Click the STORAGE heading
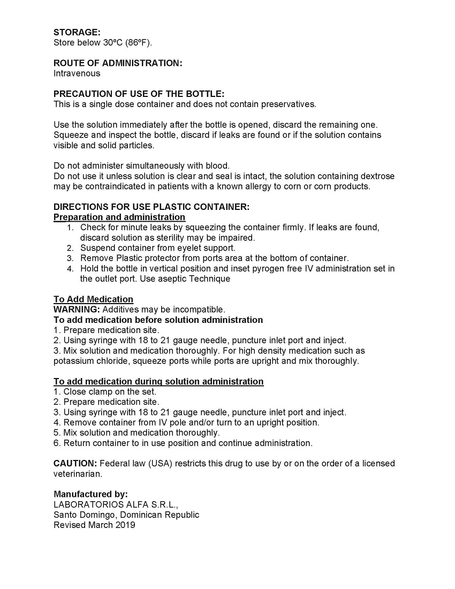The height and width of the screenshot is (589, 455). [77, 32]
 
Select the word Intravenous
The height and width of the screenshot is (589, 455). [77, 73]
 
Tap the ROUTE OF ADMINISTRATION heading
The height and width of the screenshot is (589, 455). [118, 63]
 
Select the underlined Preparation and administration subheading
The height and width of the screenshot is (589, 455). [119, 217]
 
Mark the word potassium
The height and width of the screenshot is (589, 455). [73, 361]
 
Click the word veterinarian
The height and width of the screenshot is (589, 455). [77, 474]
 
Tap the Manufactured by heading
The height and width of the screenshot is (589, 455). [90, 494]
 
